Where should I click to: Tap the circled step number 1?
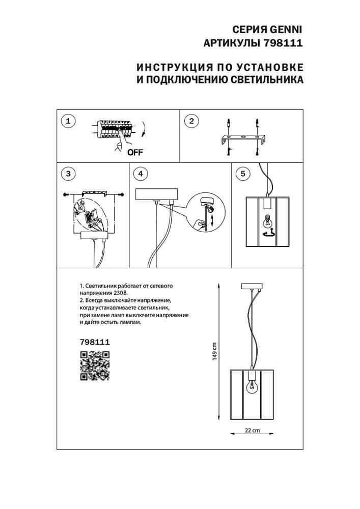68,121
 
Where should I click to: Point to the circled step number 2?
191,121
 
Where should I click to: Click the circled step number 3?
68,174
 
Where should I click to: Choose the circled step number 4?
141,174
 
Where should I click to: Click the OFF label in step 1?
135,152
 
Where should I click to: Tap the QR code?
95,366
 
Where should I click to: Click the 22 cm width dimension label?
249,430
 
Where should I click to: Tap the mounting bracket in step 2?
244,137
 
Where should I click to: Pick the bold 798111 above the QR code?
95,343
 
